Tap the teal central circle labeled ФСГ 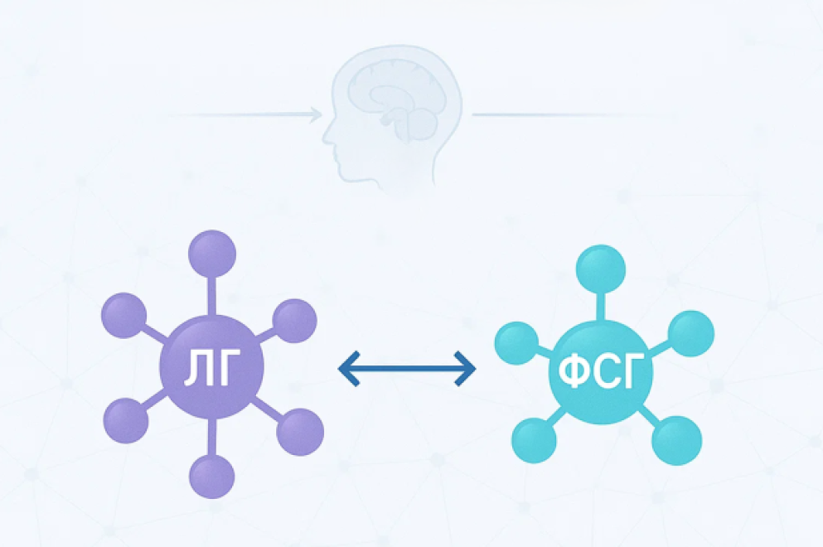coord(601,371)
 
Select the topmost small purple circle coord(212,254)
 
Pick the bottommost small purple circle coord(212,476)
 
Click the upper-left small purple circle coord(123,316)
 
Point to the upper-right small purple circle coord(294,321)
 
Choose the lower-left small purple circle coord(126,420)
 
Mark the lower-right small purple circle coord(300,432)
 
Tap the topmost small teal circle coord(601,269)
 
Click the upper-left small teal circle coord(516,343)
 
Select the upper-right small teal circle coord(690,334)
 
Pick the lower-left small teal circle coord(535,440)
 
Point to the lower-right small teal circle coord(676,440)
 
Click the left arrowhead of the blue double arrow coord(349,369)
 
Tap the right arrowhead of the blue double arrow coord(466,369)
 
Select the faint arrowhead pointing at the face coord(316,114)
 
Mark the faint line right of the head coord(572,114)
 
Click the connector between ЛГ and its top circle coord(212,296)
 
